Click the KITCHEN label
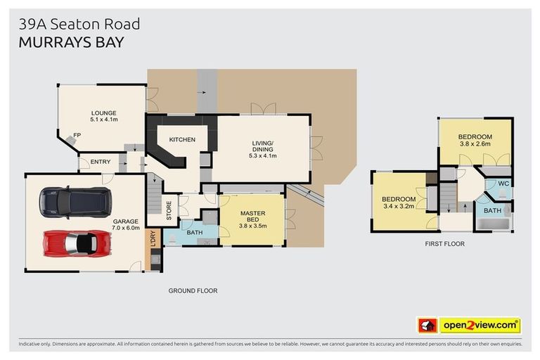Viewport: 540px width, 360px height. click(x=181, y=140)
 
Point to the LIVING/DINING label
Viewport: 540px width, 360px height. click(x=263, y=147)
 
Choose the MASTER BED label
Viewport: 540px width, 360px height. click(x=252, y=217)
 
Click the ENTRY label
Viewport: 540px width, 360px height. click(x=101, y=162)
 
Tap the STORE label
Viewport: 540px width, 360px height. click(x=169, y=210)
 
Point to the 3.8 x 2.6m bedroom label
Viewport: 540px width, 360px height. click(x=475, y=140)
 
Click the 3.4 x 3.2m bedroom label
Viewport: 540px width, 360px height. click(x=398, y=203)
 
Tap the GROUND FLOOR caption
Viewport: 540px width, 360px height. click(x=193, y=290)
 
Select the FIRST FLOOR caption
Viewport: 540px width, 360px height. click(x=444, y=244)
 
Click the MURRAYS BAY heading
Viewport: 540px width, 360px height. click(x=71, y=42)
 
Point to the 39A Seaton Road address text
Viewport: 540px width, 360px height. click(x=79, y=24)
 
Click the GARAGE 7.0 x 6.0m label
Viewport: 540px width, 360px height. click(x=126, y=225)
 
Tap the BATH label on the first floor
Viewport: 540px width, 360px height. click(x=492, y=210)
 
